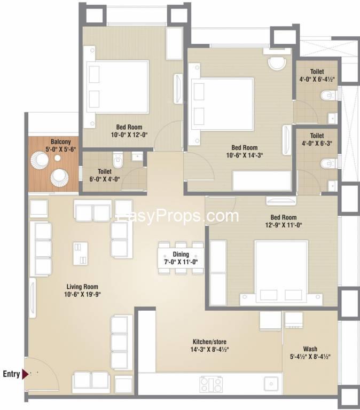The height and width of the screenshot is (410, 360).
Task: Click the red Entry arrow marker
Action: click(x=25, y=374)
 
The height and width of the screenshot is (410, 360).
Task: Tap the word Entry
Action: click(x=11, y=374)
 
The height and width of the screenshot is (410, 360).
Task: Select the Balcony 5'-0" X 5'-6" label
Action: click(x=61, y=145)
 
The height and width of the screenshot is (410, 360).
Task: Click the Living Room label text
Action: click(x=82, y=287)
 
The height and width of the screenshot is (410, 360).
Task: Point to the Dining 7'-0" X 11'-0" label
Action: click(x=181, y=258)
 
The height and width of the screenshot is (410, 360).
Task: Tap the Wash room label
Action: click(x=310, y=349)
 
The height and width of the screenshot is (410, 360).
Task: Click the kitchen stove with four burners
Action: click(x=211, y=384)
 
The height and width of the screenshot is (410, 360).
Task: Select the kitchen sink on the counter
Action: click(x=271, y=384)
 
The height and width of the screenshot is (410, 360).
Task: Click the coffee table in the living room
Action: click(x=80, y=254)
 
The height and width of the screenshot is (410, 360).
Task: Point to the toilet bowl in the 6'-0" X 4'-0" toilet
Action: click(x=118, y=160)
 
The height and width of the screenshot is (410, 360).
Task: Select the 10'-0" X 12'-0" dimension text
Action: click(x=129, y=135)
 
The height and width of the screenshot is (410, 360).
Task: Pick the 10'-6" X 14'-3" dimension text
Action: click(x=245, y=155)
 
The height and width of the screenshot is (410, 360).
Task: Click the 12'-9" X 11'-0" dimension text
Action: click(x=284, y=225)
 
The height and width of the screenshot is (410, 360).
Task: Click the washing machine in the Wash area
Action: click(x=294, y=320)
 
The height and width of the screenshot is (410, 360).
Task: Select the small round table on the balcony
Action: click(x=58, y=158)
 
